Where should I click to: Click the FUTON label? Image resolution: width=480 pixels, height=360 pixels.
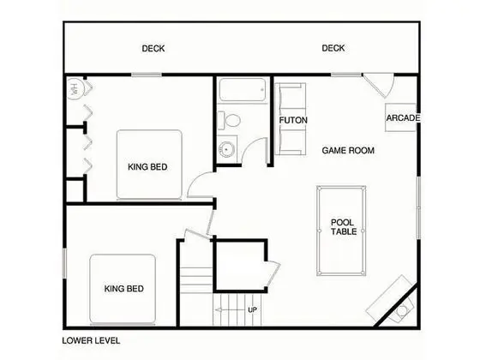point(293,120)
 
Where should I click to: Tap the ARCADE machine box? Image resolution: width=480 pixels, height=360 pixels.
point(401,118)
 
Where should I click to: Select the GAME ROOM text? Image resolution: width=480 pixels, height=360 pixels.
point(348,150)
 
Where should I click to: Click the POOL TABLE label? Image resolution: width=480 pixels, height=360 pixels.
point(344,227)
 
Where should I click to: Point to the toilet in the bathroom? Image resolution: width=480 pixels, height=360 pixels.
point(230,121)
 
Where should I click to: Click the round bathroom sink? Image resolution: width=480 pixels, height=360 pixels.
point(226,149)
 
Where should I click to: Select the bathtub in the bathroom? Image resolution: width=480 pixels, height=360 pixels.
point(243,90)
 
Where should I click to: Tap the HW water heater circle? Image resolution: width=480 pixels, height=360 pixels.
point(74,89)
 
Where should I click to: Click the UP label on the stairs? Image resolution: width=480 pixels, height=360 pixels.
point(252,309)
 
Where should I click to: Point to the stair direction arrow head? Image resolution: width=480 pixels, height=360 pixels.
point(218,309)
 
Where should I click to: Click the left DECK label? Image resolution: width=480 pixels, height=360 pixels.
point(153,48)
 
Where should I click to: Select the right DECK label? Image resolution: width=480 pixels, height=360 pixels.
point(333,48)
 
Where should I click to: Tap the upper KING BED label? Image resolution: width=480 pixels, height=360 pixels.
point(147,167)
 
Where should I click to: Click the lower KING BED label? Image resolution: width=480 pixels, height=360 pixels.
point(124,289)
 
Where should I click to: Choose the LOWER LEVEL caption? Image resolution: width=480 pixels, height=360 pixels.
point(91,341)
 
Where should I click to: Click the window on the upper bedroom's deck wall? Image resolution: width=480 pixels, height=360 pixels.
point(147,75)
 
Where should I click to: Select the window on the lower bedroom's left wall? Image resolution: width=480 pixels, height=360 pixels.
point(64,263)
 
